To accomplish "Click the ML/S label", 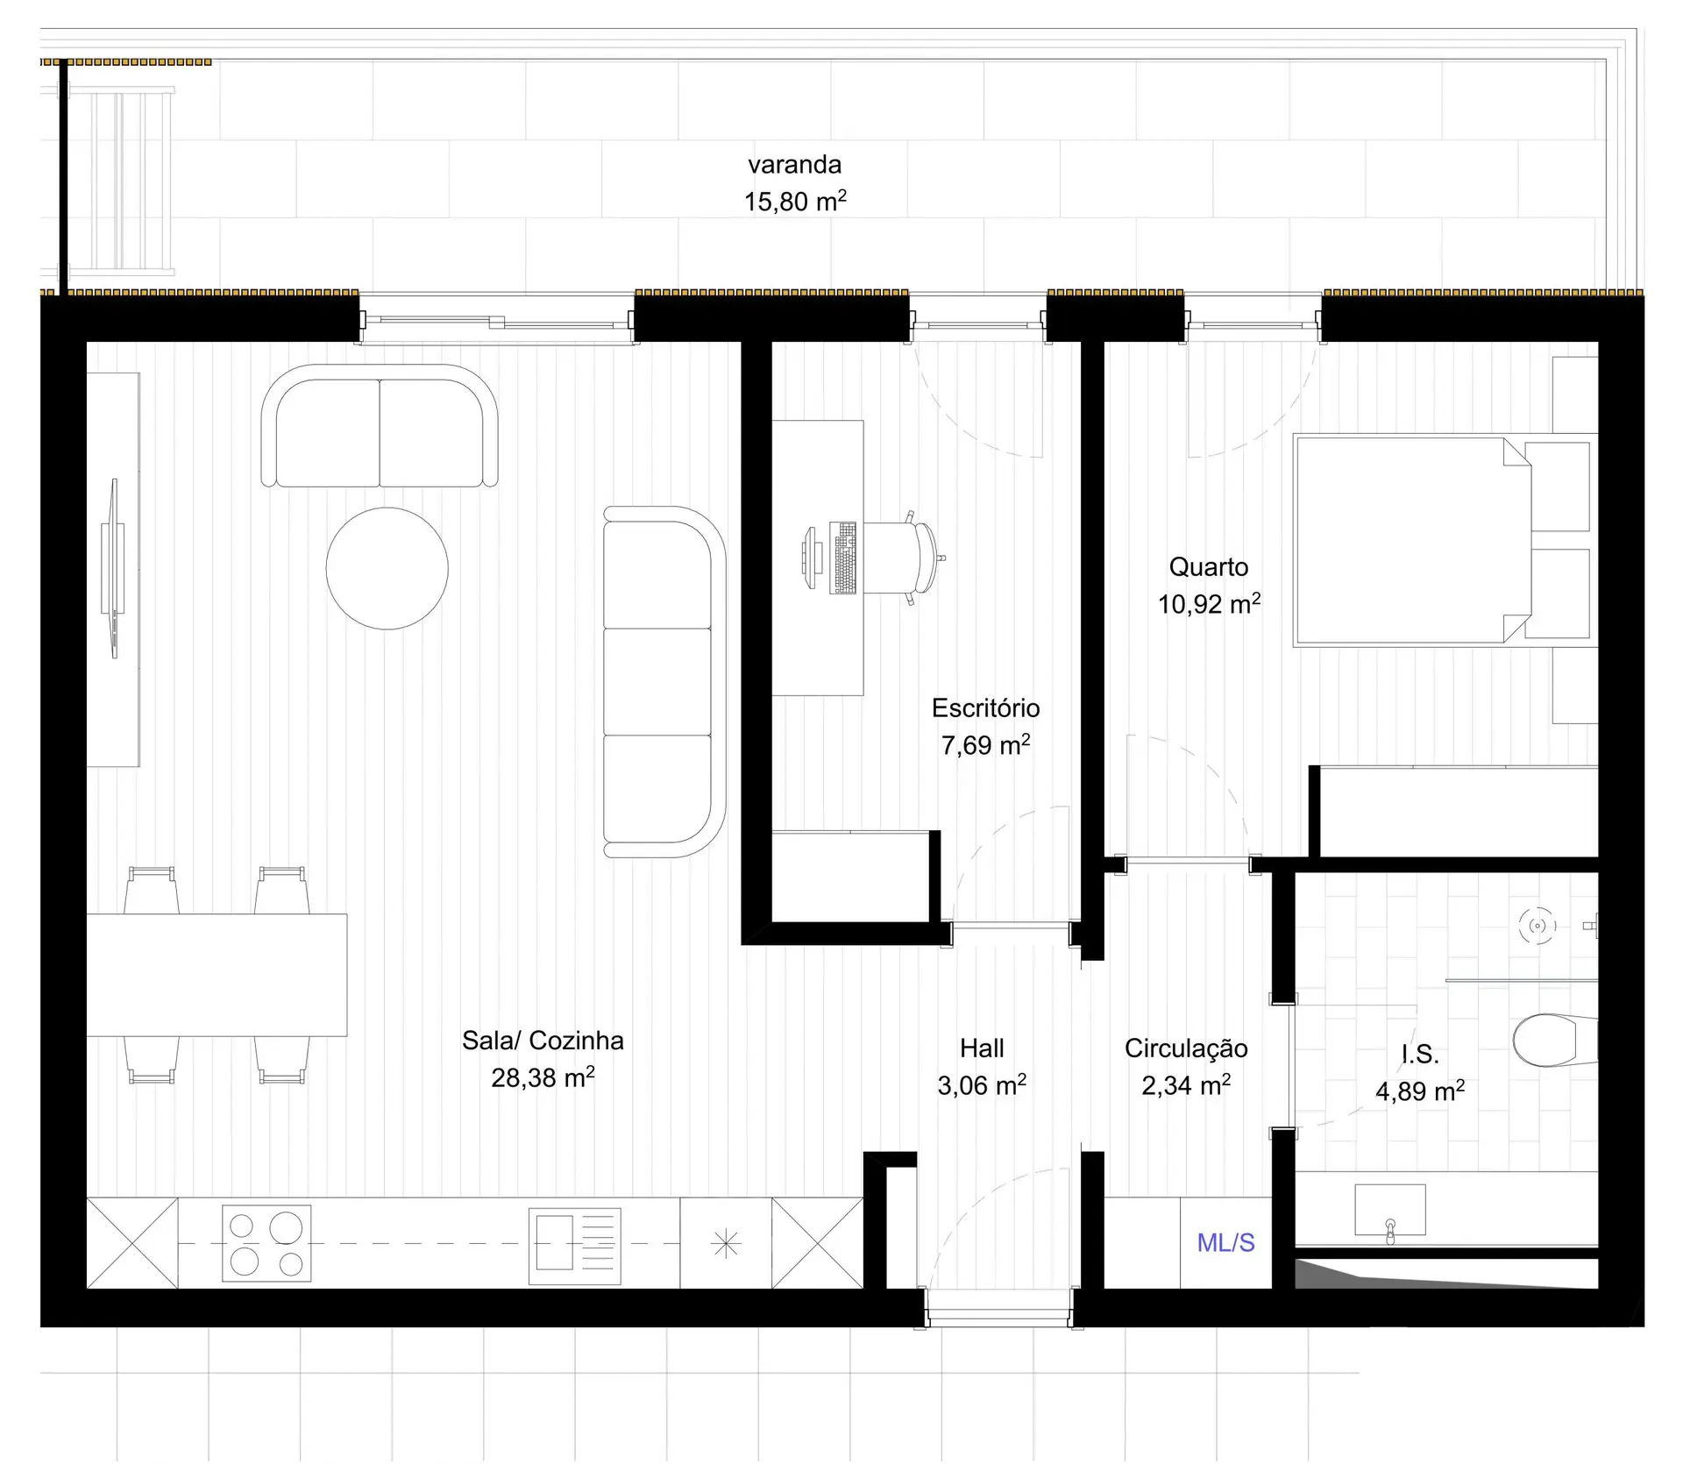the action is click(1225, 1242).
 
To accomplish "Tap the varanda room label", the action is click(794, 164).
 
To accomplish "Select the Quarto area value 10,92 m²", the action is click(1209, 603).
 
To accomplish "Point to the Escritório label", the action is click(985, 707).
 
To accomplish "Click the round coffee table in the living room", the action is click(387, 568).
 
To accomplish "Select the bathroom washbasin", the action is click(1390, 1212).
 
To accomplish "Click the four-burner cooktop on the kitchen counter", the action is click(266, 1243).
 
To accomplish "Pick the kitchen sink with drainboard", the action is click(575, 1246).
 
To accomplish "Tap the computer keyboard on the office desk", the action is click(843, 558).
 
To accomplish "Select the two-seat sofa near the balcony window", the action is click(380, 426).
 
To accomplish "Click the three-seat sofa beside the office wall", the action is click(664, 681).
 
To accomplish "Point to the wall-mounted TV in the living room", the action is click(113, 567).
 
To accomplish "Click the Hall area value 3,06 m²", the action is click(982, 1085).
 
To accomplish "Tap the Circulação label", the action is click(1186, 1048).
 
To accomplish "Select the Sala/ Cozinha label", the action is click(543, 1041).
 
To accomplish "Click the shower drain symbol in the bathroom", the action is click(1537, 926).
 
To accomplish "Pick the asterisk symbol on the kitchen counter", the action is click(726, 1244).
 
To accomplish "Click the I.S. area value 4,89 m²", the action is click(1420, 1091).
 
